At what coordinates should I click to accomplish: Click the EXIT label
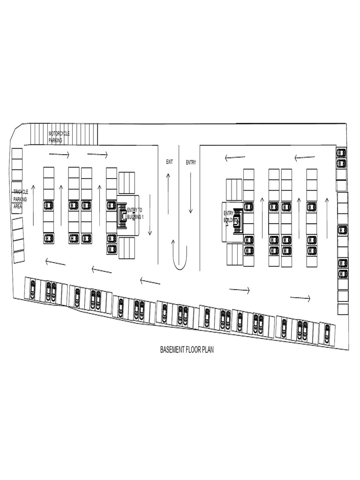point(170,162)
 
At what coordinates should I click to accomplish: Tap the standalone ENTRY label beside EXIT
point(191,163)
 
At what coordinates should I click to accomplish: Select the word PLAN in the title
point(208,350)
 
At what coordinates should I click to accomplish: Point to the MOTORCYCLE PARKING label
point(59,136)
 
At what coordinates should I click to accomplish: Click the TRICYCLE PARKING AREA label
point(20,199)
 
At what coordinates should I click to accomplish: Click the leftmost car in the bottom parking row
point(32,289)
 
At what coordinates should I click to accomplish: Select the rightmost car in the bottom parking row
point(327,334)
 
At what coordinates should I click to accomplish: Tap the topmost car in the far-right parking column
point(342,153)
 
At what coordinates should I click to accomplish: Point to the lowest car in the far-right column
point(343,274)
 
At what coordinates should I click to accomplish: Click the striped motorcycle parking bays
point(64,135)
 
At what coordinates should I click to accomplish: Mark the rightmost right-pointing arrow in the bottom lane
point(300,298)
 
